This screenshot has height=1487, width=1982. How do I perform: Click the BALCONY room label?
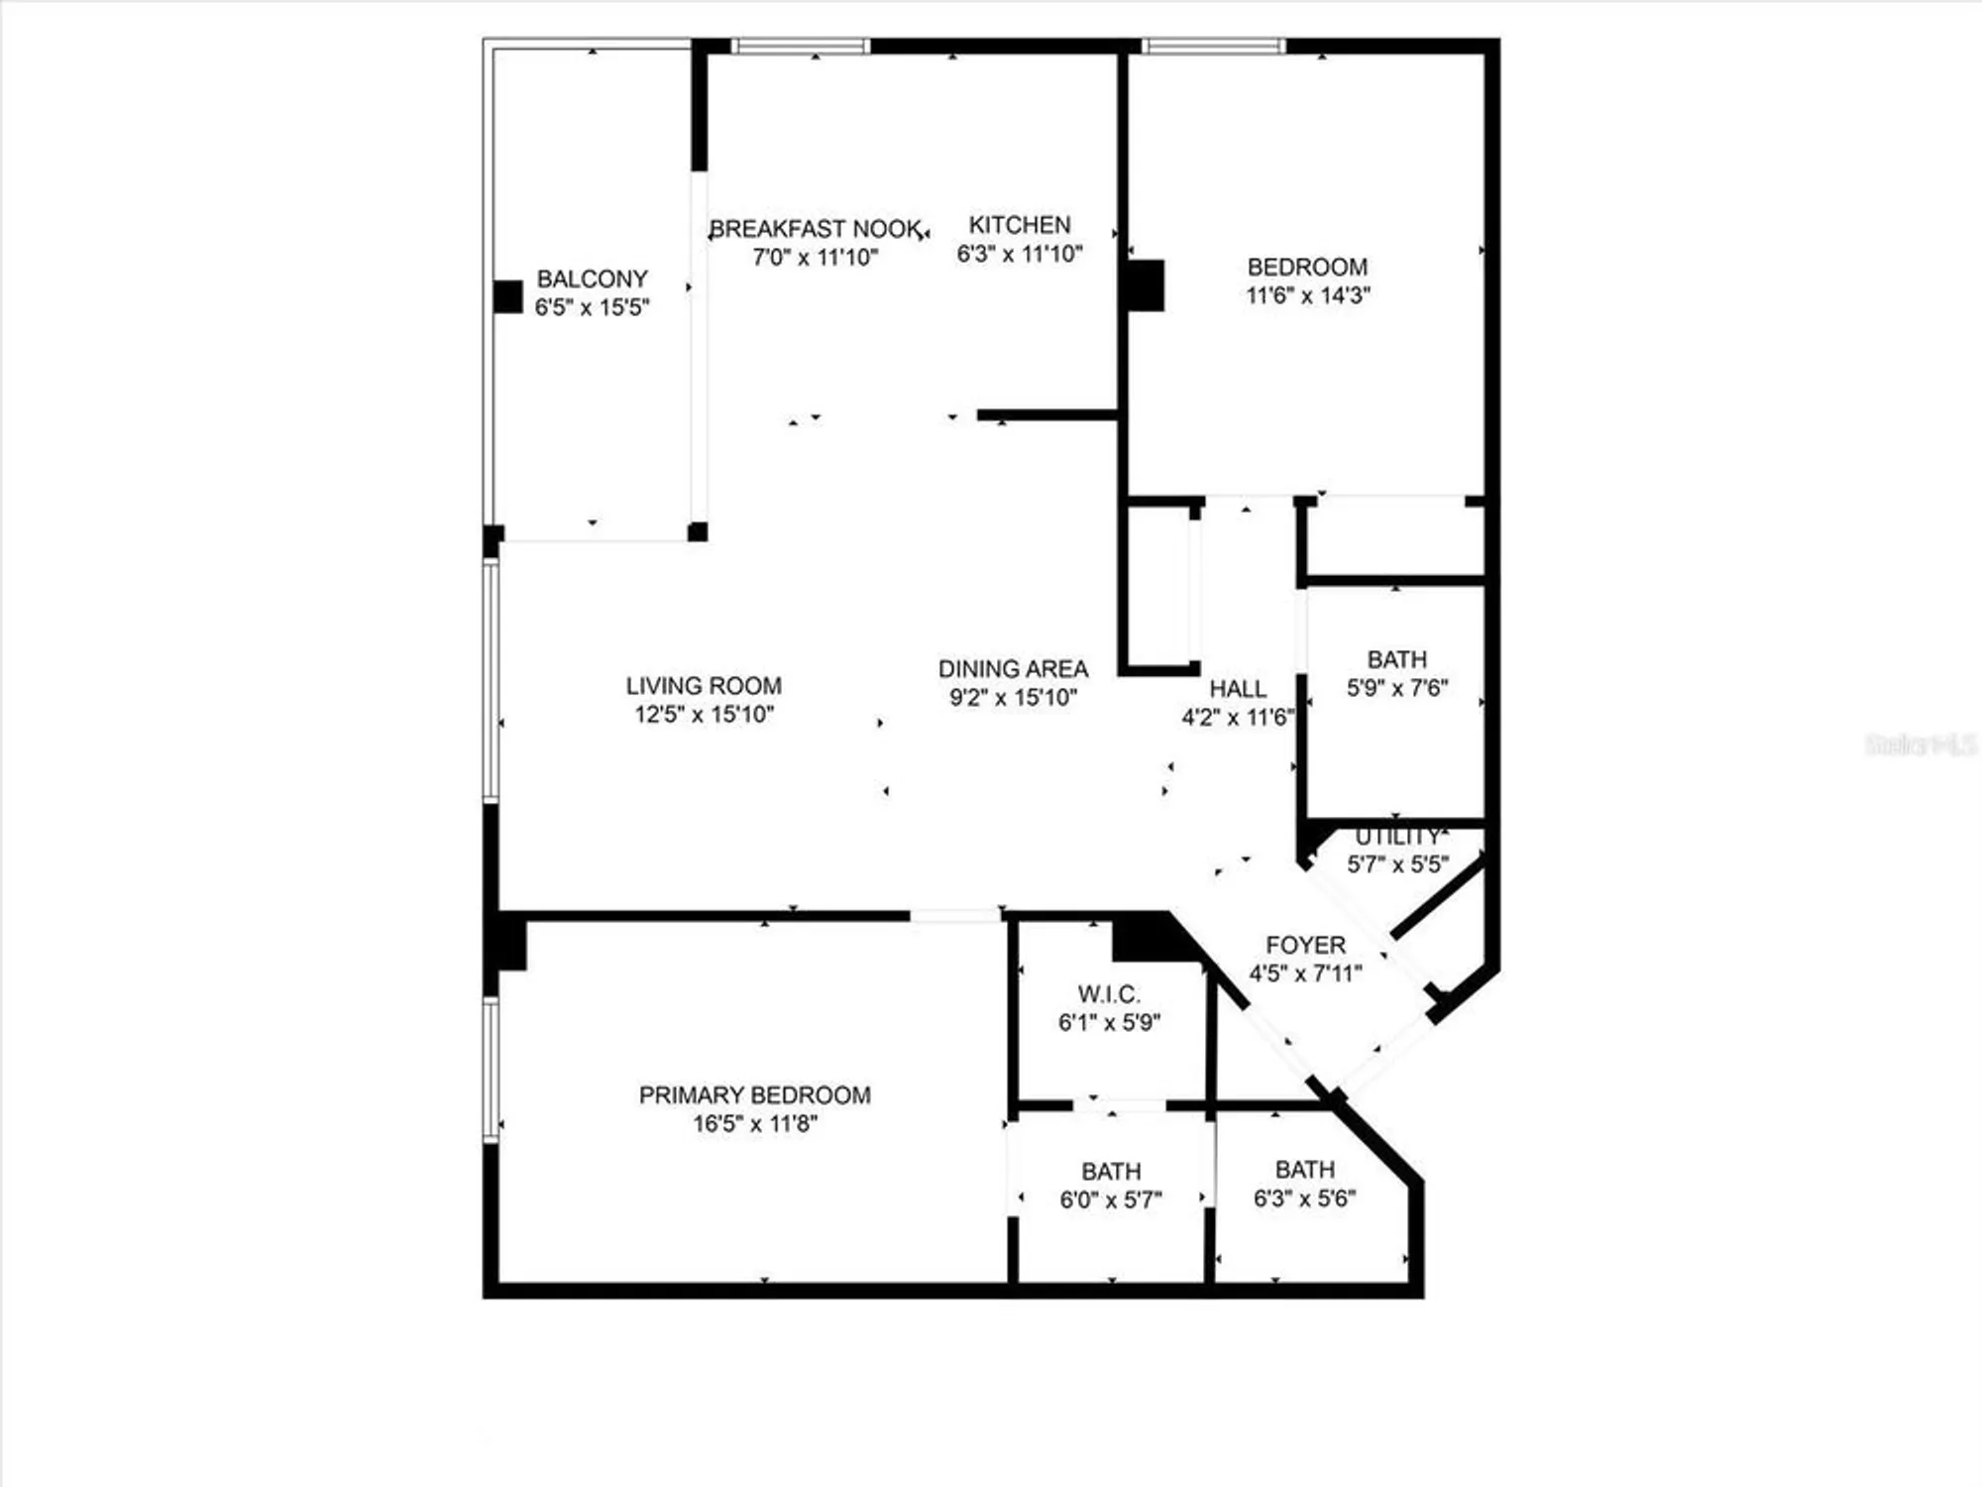click(x=592, y=279)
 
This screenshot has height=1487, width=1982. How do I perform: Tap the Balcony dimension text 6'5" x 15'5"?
click(x=592, y=307)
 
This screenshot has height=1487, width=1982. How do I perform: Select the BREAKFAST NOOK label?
click(x=816, y=229)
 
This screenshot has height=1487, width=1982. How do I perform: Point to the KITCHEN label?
click(x=1020, y=225)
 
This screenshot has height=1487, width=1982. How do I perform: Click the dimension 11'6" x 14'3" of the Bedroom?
click(x=1307, y=295)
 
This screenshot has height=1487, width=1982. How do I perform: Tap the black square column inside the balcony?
click(x=508, y=297)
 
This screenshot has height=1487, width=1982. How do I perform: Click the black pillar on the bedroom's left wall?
click(x=1146, y=286)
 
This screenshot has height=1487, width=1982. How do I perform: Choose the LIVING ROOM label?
click(x=704, y=686)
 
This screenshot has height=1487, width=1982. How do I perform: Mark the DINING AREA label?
click(x=1013, y=669)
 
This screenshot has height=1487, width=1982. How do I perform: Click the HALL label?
click(x=1238, y=689)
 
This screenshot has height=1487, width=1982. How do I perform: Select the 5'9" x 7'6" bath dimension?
click(x=1396, y=688)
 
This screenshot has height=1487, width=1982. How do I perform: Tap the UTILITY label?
click(x=1397, y=837)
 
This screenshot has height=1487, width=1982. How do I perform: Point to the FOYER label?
click(x=1305, y=945)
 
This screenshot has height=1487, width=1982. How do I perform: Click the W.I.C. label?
click(x=1109, y=994)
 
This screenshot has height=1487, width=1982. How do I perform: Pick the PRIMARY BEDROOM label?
click(x=754, y=1095)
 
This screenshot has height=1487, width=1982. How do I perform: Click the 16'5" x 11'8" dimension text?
click(x=754, y=1124)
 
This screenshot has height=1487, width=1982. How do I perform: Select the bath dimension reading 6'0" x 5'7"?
click(x=1110, y=1201)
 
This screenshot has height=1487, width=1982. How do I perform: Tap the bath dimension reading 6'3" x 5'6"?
click(x=1304, y=1199)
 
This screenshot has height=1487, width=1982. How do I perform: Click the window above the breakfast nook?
click(x=801, y=46)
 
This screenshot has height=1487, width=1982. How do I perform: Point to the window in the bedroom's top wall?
click(x=1213, y=46)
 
